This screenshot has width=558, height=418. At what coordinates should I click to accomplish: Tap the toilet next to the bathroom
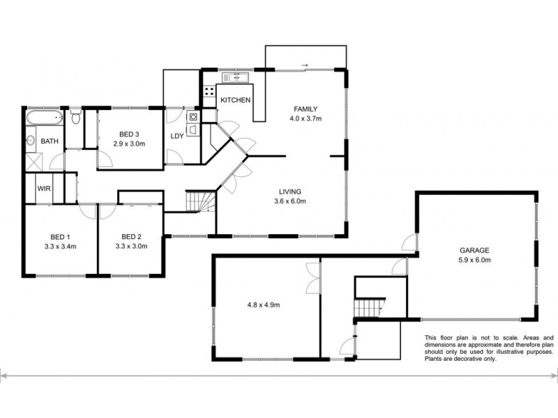[x=75, y=118]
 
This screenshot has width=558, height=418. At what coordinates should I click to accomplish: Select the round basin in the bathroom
[x=31, y=141]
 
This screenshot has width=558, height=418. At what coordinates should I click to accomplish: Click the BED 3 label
[x=129, y=134]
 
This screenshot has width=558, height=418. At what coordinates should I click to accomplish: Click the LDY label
[x=177, y=136]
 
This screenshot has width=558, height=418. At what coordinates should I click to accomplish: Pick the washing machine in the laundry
[x=193, y=116]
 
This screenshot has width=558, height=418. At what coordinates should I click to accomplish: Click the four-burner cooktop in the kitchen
[x=209, y=91]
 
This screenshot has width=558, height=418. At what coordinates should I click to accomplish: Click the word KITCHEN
[x=235, y=100]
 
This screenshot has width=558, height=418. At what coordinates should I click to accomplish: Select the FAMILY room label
[x=305, y=109]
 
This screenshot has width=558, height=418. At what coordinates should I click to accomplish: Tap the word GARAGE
[x=474, y=250]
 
